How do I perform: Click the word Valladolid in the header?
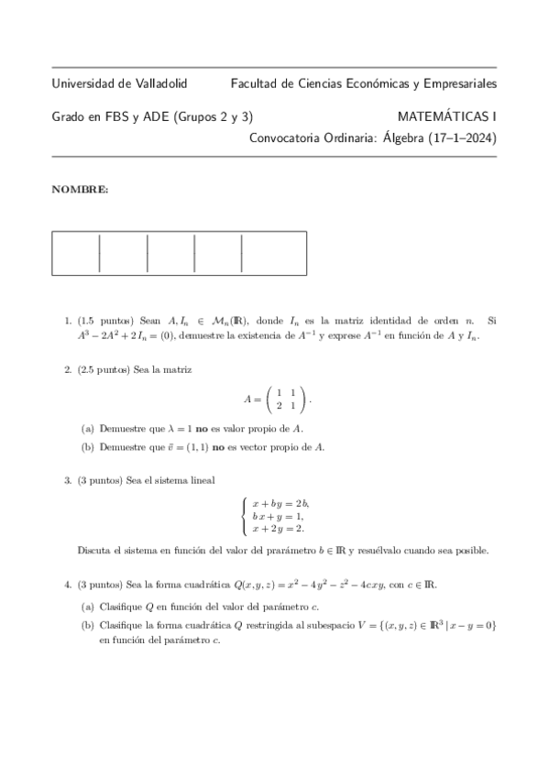160,83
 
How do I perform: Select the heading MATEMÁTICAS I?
447,116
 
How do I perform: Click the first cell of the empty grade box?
75,253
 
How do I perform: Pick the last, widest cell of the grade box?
273,253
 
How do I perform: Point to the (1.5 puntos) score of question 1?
105,321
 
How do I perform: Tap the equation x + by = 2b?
280,503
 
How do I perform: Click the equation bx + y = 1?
277,516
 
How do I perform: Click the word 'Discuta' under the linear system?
93,551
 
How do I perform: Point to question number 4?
68,584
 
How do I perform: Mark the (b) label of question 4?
87,625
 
